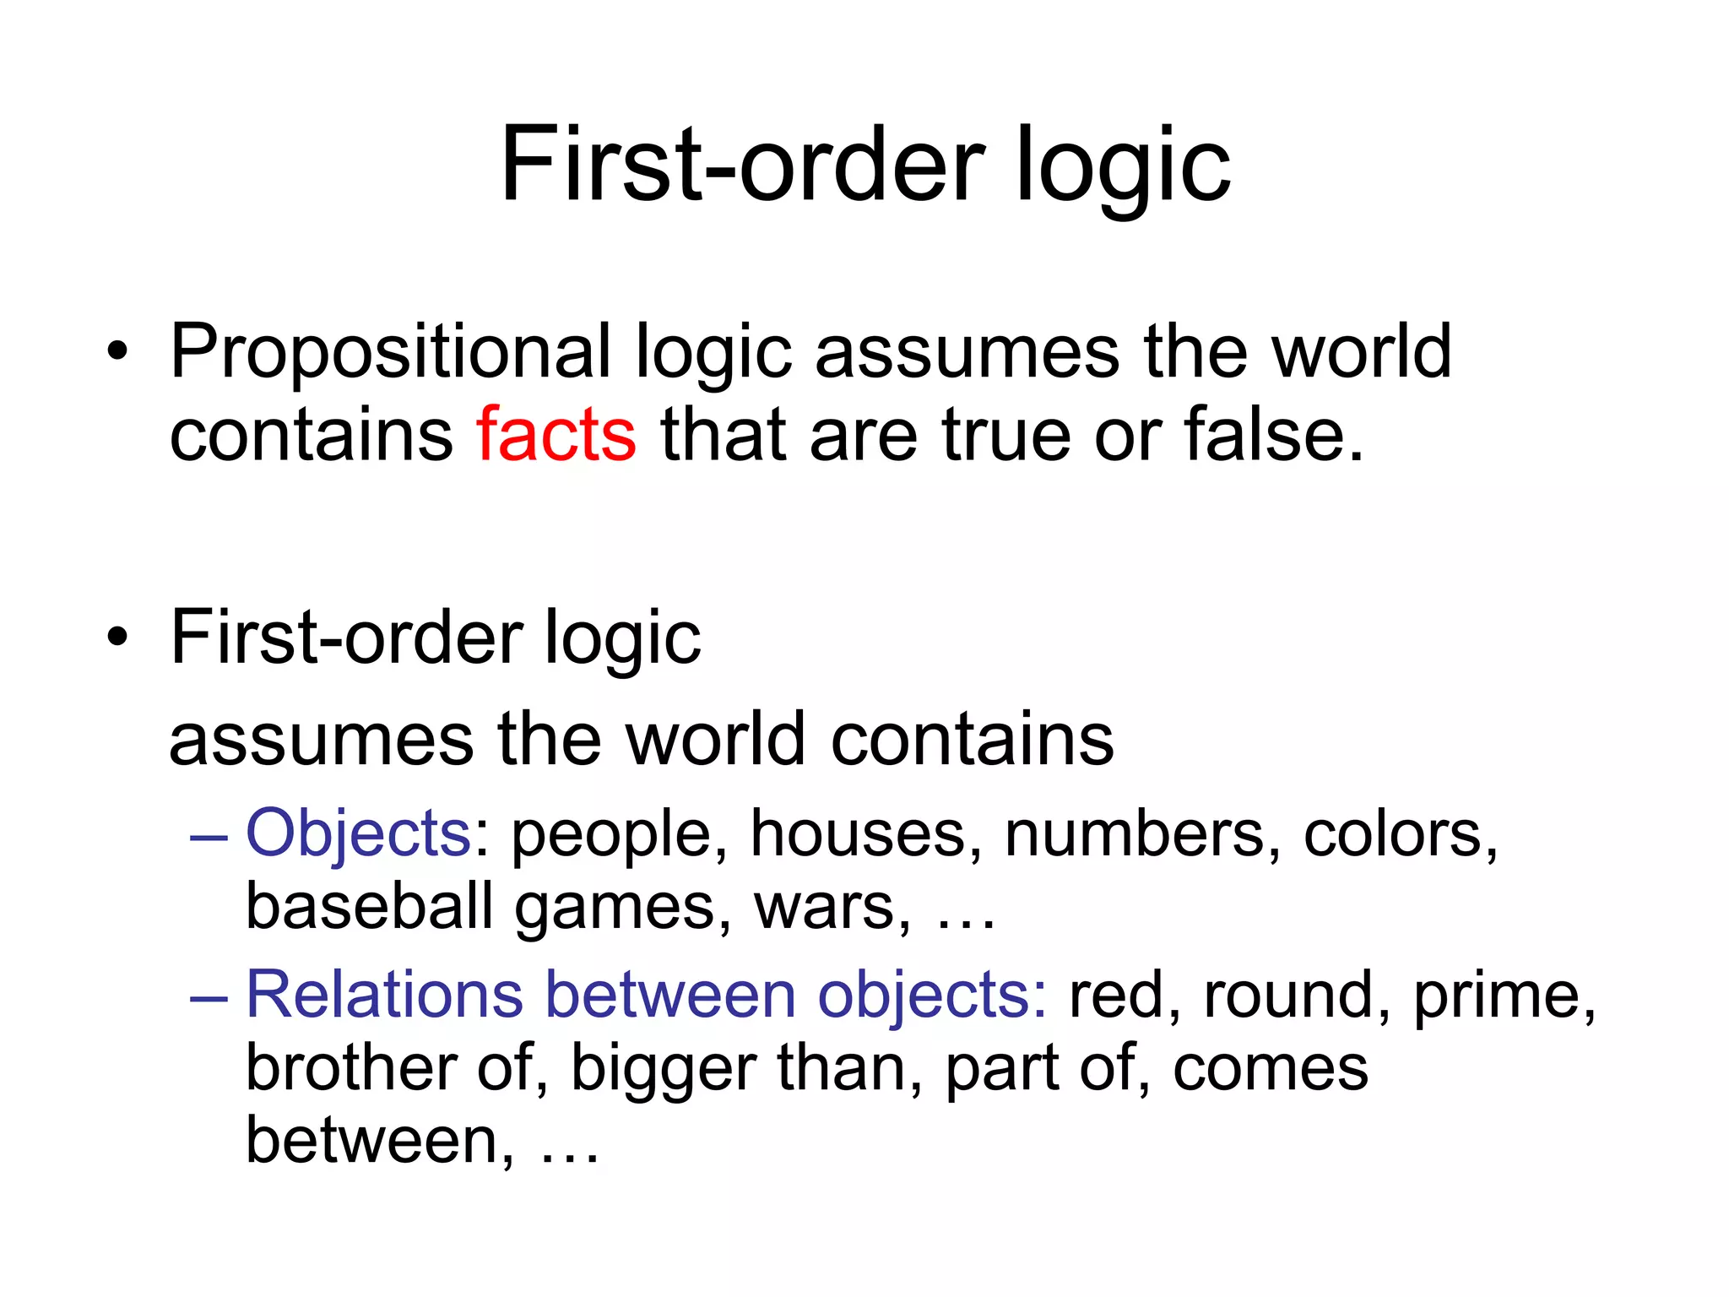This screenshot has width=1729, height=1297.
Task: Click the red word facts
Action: [556, 435]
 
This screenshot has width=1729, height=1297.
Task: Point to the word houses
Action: [866, 833]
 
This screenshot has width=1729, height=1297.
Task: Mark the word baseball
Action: [369, 906]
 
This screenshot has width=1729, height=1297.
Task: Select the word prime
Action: [1504, 996]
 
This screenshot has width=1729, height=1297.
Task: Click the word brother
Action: [350, 1067]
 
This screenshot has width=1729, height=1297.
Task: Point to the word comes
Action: [1270, 1069]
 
